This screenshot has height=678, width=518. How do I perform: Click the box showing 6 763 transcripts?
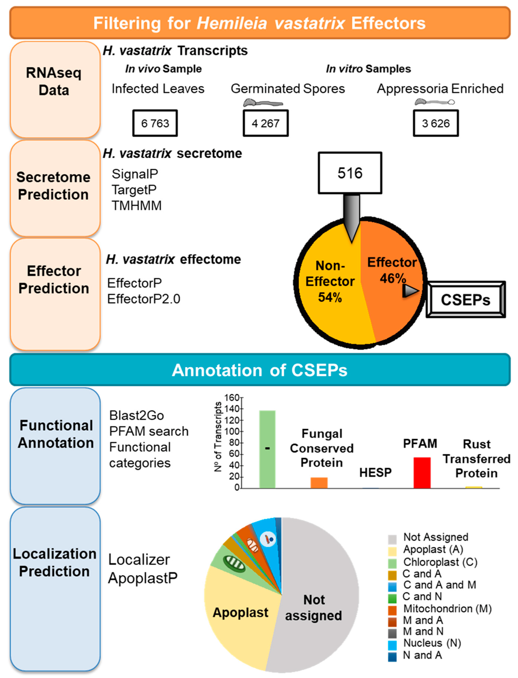(155, 123)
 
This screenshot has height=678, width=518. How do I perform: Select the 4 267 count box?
(266, 123)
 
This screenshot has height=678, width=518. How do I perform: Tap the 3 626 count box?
(436, 123)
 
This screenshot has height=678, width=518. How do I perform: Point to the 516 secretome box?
(350, 173)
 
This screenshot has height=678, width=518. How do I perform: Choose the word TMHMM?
(137, 205)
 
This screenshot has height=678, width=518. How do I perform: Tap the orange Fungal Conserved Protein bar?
(319, 482)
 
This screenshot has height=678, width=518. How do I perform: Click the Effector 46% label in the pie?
(392, 270)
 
